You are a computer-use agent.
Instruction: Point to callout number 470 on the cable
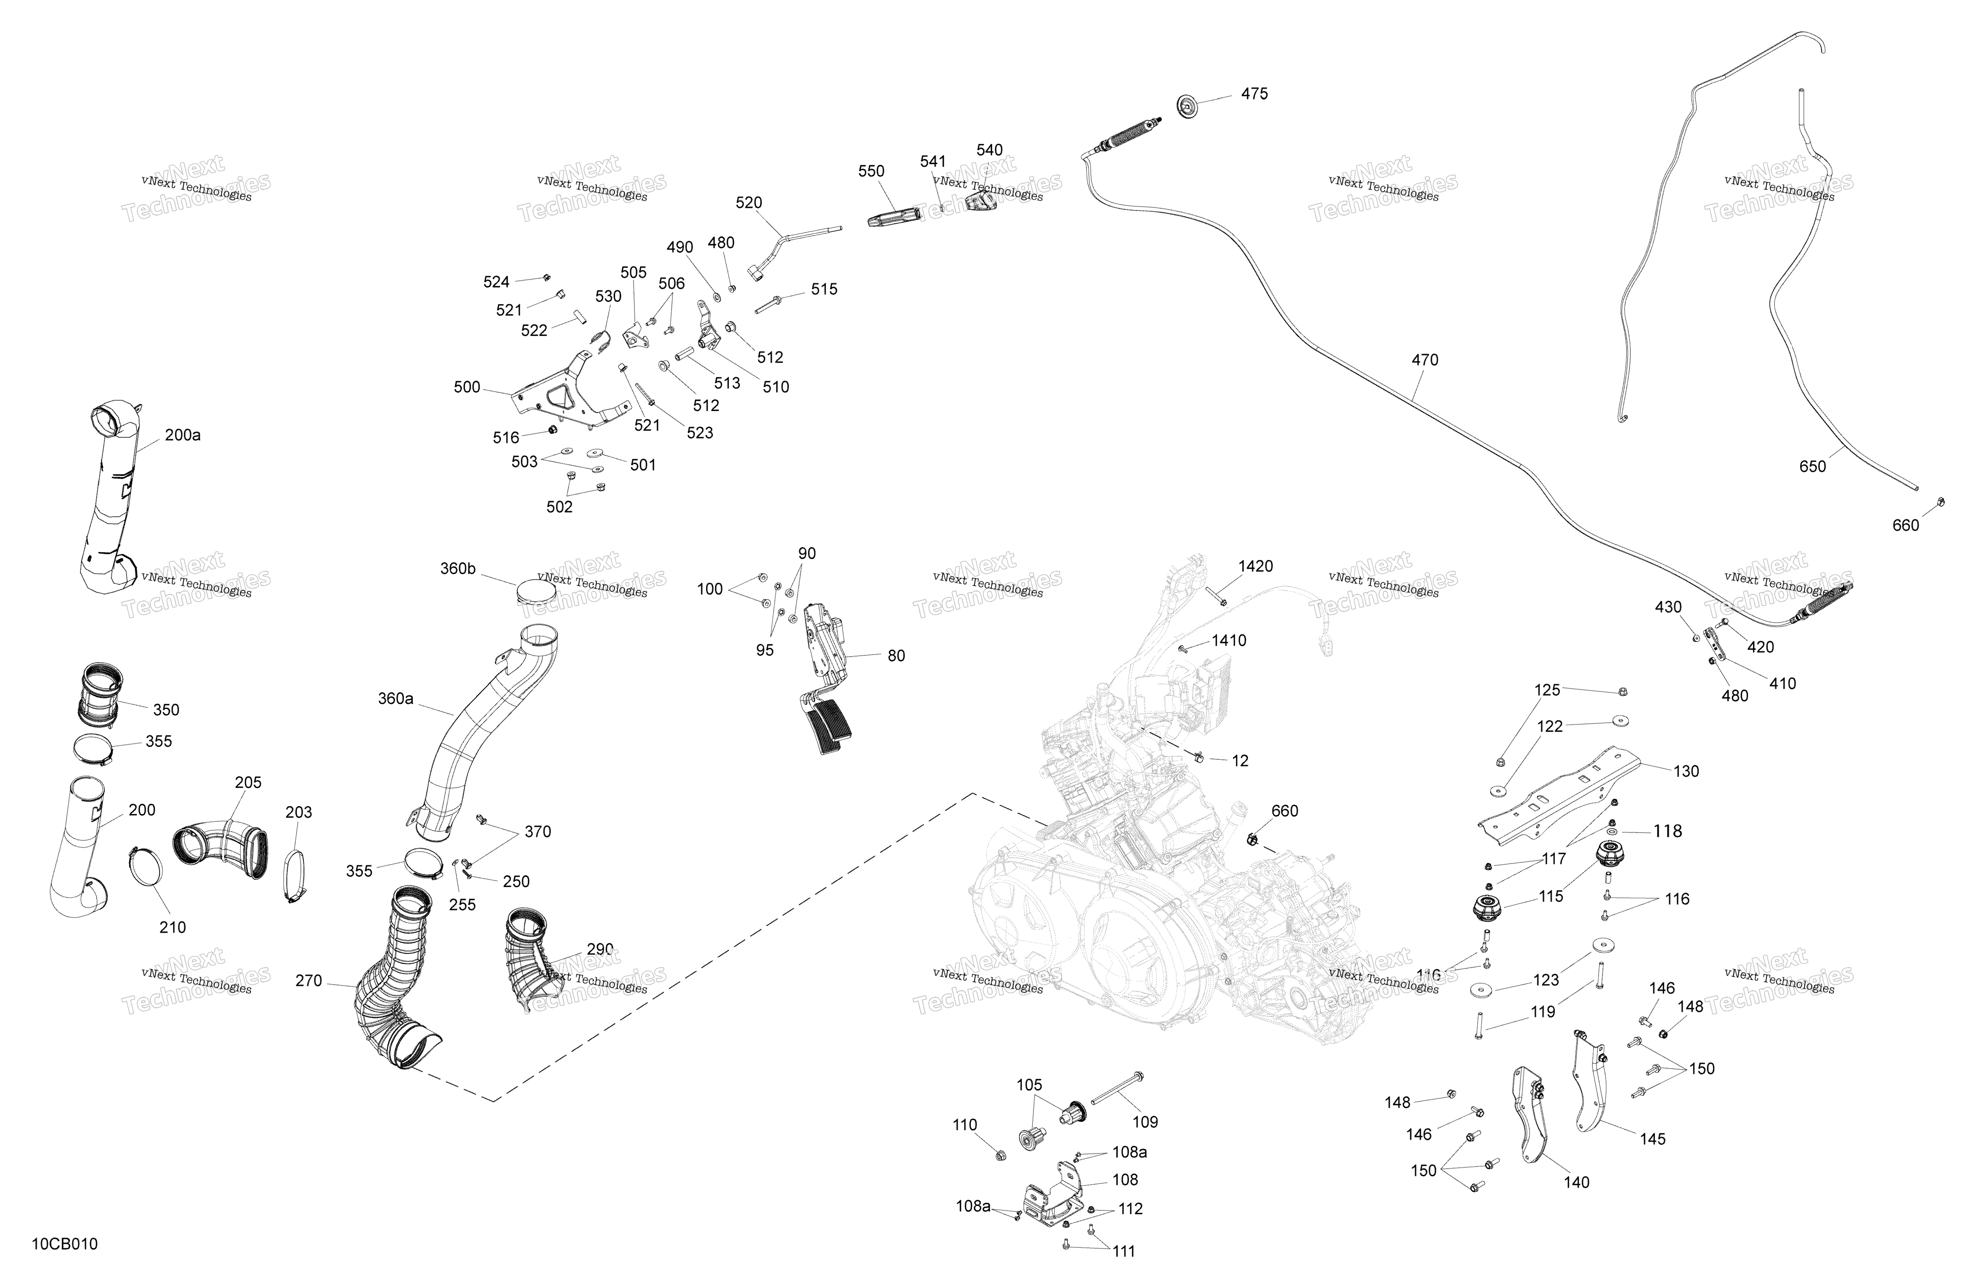[x=1425, y=360]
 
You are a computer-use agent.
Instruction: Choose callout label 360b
[x=458, y=569]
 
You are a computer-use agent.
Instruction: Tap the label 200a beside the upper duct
[x=183, y=435]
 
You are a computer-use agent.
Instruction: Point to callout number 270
[x=308, y=981]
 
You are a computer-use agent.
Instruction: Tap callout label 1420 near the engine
[x=1256, y=567]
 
